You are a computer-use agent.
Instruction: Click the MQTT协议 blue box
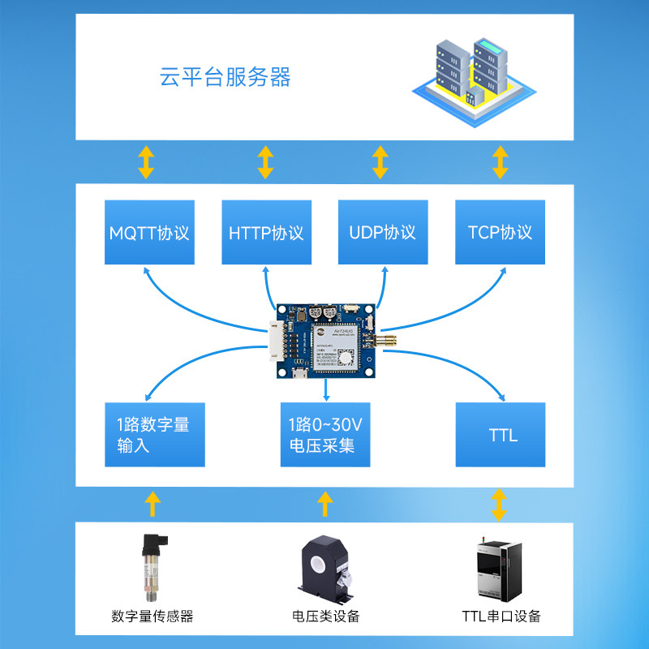pos(150,232)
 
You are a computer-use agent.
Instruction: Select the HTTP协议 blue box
pos(266,232)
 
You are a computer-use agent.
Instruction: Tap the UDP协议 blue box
pos(382,232)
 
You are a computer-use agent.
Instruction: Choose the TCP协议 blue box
pos(500,232)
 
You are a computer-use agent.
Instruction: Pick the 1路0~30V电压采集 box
pos(324,435)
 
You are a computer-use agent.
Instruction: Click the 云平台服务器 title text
pos(225,78)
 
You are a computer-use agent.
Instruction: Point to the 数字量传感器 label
pos(153,616)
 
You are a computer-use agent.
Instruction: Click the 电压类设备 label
pos(325,616)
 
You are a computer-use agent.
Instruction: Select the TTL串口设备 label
pos(501,616)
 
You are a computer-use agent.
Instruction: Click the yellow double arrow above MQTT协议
pos(146,162)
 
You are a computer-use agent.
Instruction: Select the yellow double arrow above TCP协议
pos(501,162)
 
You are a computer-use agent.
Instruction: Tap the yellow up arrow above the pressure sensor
pos(152,504)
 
